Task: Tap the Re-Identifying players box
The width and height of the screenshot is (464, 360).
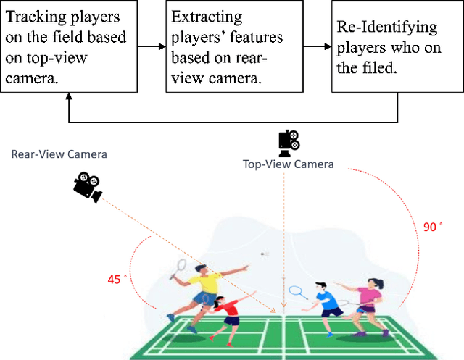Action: (397, 46)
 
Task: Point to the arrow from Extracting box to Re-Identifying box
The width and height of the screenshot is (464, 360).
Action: (315, 46)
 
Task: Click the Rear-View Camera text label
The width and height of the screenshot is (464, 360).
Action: (59, 154)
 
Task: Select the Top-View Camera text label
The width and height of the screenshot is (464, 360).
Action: (289, 164)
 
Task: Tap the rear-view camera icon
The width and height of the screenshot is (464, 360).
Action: (87, 186)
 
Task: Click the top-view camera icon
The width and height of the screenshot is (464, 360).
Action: (289, 142)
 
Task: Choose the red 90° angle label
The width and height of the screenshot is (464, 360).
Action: (432, 227)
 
